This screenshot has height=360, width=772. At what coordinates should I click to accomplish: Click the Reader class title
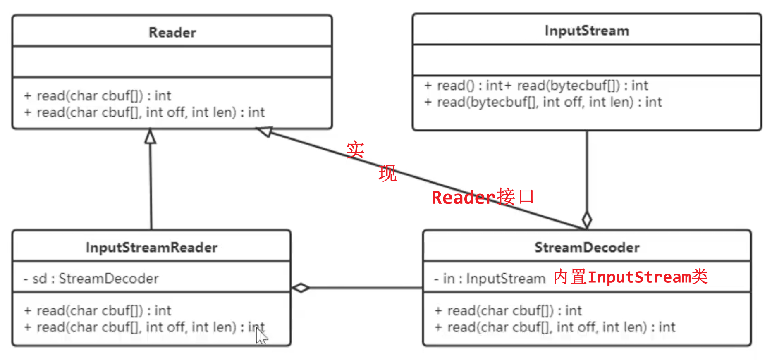(172, 33)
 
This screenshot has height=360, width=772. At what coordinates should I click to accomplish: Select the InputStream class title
(587, 31)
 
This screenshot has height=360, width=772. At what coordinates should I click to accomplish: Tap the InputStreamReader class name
(151, 248)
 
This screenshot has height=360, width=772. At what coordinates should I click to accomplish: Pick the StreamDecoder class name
(587, 248)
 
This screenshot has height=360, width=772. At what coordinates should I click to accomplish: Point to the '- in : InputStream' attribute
(490, 279)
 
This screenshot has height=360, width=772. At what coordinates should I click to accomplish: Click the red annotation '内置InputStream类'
(631, 277)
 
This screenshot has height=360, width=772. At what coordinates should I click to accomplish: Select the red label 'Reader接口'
(483, 197)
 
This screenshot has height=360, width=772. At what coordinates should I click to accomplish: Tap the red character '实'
(355, 150)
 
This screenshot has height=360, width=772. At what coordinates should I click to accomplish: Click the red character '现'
(387, 174)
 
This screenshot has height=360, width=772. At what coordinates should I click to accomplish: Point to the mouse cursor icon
(261, 336)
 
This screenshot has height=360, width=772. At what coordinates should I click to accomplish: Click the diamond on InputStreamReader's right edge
(301, 288)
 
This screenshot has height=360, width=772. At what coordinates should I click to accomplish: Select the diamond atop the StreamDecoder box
(587, 219)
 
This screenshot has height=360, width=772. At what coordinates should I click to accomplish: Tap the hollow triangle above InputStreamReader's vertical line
(150, 136)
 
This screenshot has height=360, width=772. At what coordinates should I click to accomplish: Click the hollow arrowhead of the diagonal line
(265, 131)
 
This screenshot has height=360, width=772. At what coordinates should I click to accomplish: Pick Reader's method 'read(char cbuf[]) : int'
(98, 96)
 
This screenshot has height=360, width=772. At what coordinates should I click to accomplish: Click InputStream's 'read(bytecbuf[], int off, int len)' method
(543, 102)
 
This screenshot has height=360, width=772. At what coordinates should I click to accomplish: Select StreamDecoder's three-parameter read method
(555, 327)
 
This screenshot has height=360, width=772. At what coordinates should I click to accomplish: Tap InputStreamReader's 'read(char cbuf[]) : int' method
(98, 311)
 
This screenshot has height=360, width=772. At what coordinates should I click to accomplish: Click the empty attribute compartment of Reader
(172, 62)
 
